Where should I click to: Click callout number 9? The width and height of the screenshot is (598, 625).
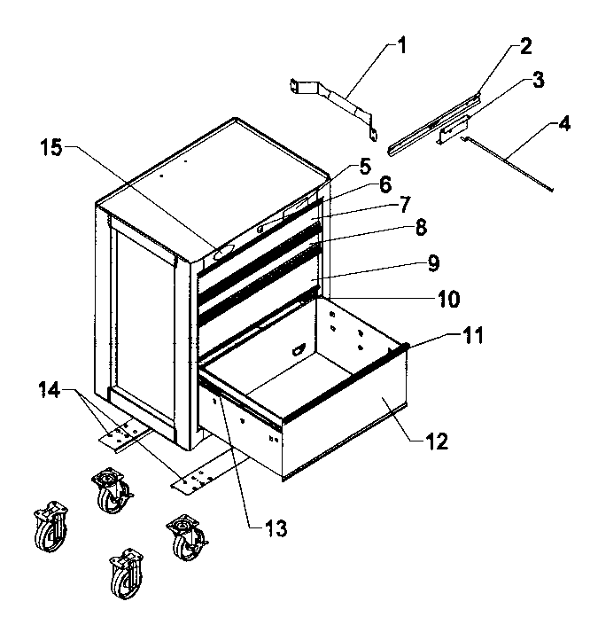click(432, 262)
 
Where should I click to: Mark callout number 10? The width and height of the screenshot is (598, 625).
click(447, 300)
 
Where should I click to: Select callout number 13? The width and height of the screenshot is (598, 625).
click(276, 529)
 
